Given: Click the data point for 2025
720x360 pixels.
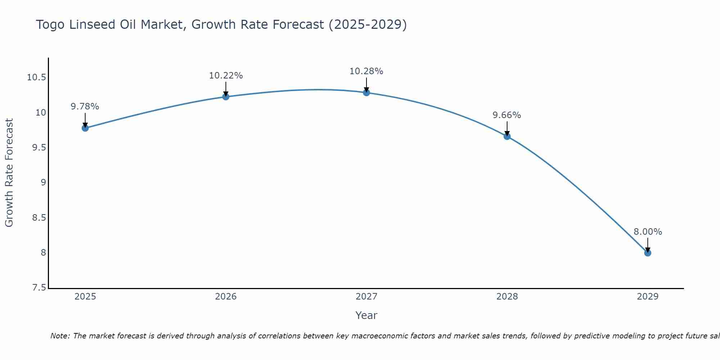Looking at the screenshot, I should [85, 128].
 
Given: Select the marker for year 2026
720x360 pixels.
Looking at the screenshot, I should [226, 96].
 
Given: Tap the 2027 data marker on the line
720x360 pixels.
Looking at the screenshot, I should [366, 93].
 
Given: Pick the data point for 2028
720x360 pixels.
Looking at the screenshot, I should [507, 136].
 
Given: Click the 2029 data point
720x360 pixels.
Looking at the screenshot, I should [648, 253].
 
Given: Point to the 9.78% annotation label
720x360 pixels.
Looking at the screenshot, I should [85, 107].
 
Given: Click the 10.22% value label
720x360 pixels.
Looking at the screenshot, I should [226, 76].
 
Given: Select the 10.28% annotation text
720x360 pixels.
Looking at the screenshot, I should [366, 71].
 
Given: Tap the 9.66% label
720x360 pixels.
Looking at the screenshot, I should [507, 115].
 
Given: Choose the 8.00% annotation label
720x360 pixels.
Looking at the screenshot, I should [648, 232].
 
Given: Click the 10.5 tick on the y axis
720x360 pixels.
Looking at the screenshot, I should [37, 77].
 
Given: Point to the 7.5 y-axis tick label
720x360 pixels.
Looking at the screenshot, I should [39, 288].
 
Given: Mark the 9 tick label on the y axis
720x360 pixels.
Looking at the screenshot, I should [44, 183].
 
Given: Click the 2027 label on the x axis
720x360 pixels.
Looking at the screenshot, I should [366, 297].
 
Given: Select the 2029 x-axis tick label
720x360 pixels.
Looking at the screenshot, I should [648, 297].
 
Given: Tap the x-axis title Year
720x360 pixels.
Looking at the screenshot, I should [366, 315].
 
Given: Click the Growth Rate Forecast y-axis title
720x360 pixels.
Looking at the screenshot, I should [9, 173].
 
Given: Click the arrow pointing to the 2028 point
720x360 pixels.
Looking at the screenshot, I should [507, 129].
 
